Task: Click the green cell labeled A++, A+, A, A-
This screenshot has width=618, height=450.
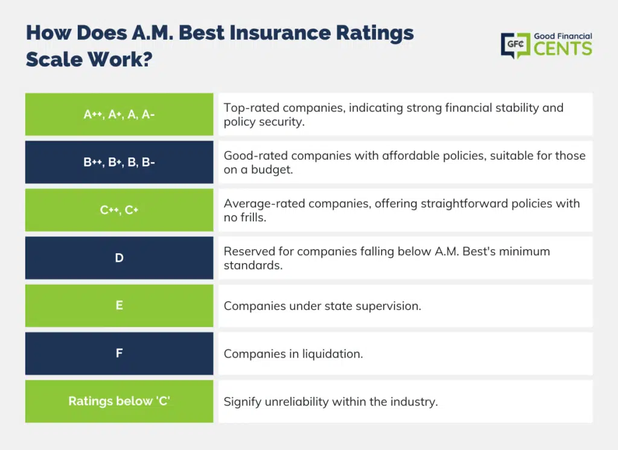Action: point(119,114)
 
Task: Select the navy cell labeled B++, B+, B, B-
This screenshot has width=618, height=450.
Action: point(119,162)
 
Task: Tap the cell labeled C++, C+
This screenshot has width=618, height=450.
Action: point(119,210)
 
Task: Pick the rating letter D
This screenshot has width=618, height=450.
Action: point(119,258)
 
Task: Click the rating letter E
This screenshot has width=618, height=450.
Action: point(119,305)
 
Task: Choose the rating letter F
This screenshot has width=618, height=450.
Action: point(119,353)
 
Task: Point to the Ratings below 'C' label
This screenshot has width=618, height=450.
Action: point(119,401)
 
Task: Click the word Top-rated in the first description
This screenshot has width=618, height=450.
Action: point(252,107)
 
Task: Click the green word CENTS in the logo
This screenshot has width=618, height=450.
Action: point(563,49)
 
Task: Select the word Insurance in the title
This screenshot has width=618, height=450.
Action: point(280,33)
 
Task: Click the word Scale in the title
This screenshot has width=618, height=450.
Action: point(54,60)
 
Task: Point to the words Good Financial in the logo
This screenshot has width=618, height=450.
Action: point(563,36)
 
